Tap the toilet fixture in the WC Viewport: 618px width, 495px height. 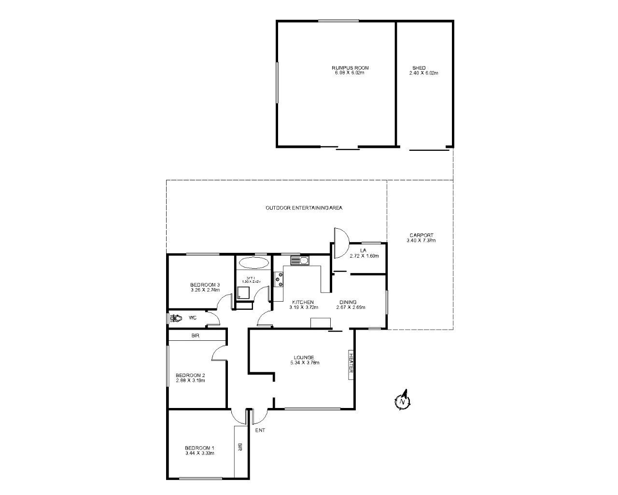click(175, 318)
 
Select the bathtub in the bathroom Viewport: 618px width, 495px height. click(253, 263)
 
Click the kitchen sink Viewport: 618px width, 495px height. click(299, 261)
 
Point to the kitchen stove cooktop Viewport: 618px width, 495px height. click(279, 280)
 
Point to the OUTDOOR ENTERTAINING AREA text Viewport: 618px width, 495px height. click(304, 208)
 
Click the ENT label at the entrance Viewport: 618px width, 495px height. click(260, 430)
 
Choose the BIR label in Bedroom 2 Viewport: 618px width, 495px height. click(196, 335)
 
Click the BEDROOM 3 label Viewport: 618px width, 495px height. click(205, 285)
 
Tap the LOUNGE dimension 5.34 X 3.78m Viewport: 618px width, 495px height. click(305, 363)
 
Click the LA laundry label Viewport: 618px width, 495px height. click(363, 250)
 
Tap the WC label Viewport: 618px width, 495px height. click(192, 318)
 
